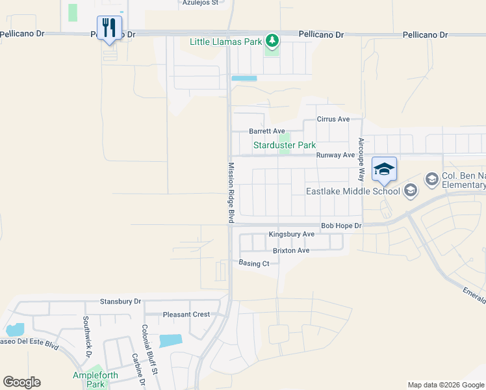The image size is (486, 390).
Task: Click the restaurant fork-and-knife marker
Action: (109, 28)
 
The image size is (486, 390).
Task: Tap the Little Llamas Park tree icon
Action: (273, 41)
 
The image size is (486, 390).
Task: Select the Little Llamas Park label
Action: (225, 42)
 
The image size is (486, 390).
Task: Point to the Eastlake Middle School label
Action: (353, 191)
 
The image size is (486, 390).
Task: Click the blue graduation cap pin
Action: (384, 169)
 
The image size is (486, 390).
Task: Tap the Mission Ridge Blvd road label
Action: (230, 193)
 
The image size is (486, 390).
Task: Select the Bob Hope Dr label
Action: (340, 225)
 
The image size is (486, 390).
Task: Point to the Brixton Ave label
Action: (290, 250)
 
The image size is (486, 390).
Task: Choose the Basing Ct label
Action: (253, 263)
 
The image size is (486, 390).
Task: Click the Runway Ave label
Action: (335, 155)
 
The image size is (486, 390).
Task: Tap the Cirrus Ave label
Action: (333, 119)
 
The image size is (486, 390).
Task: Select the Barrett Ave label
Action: (267, 131)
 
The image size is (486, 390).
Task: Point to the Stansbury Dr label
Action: (120, 302)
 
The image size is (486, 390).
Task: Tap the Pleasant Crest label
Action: (186, 315)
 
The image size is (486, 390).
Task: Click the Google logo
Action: (22, 382)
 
